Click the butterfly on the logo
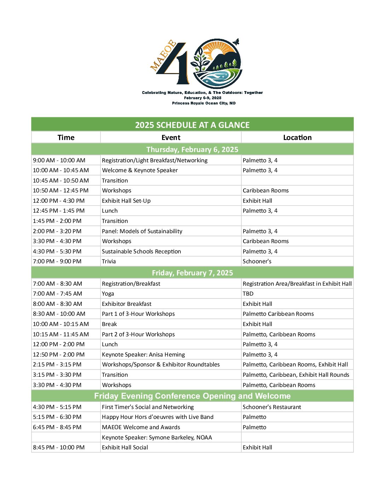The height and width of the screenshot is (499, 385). coord(236,42)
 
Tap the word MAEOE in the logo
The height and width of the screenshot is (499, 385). coord(163,55)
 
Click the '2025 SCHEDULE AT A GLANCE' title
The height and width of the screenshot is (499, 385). coord(192,125)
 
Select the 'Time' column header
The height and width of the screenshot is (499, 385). coord(66,138)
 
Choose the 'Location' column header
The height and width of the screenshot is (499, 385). coord(297,138)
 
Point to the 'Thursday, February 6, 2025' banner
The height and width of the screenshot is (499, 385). coord(192,149)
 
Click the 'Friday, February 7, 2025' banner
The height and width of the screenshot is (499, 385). coord(192,273)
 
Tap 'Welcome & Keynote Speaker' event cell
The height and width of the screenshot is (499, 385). coord(140,170)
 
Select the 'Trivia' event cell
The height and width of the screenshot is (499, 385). coord(109,261)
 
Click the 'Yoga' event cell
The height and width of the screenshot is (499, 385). coord(108,293)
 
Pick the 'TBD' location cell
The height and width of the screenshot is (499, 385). coord(248,293)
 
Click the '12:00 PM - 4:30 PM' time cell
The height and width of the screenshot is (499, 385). coord(59,201)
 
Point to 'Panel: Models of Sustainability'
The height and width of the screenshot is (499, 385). coord(142,231)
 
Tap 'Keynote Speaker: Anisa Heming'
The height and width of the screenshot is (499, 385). coord(143,354)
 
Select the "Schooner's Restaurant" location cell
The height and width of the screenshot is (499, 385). coord(272,407)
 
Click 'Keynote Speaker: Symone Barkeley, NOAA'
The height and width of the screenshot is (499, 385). coord(157,437)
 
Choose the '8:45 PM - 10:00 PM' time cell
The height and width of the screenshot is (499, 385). coord(59,447)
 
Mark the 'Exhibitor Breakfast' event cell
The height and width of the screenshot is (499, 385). coord(127,304)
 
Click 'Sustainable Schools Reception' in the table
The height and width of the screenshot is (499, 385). coord(141,251)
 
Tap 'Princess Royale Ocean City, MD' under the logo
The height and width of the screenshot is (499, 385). coord(203,103)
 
